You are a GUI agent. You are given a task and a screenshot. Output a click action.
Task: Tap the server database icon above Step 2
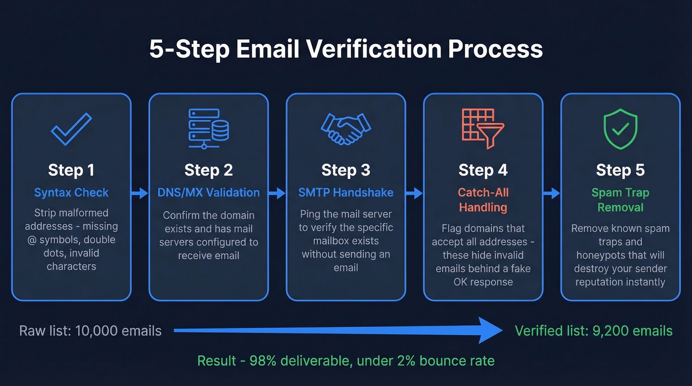pyautogui.click(x=209, y=129)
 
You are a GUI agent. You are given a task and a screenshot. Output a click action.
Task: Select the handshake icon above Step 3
pyautogui.click(x=346, y=129)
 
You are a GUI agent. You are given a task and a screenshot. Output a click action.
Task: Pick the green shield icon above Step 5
pyautogui.click(x=620, y=129)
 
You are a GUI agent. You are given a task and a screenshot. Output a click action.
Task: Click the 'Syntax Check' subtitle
pyautogui.click(x=71, y=192)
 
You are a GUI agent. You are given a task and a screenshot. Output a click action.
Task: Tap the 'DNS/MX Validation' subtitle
pyautogui.click(x=209, y=192)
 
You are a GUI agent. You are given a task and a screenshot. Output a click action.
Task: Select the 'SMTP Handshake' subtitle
pyautogui.click(x=346, y=192)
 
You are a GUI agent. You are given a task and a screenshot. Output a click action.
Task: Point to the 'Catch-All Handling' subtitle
pyautogui.click(x=483, y=200)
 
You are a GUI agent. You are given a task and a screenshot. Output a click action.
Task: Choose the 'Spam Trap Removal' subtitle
pyautogui.click(x=620, y=200)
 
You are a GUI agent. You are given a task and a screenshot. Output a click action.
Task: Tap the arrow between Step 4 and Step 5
pyautogui.click(x=552, y=193)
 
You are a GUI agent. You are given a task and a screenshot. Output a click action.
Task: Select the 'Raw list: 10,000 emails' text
pyautogui.click(x=90, y=331)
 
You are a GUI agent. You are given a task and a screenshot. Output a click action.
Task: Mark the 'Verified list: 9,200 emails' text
pyautogui.click(x=594, y=331)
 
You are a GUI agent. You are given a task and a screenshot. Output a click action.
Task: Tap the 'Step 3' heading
pyautogui.click(x=346, y=170)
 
